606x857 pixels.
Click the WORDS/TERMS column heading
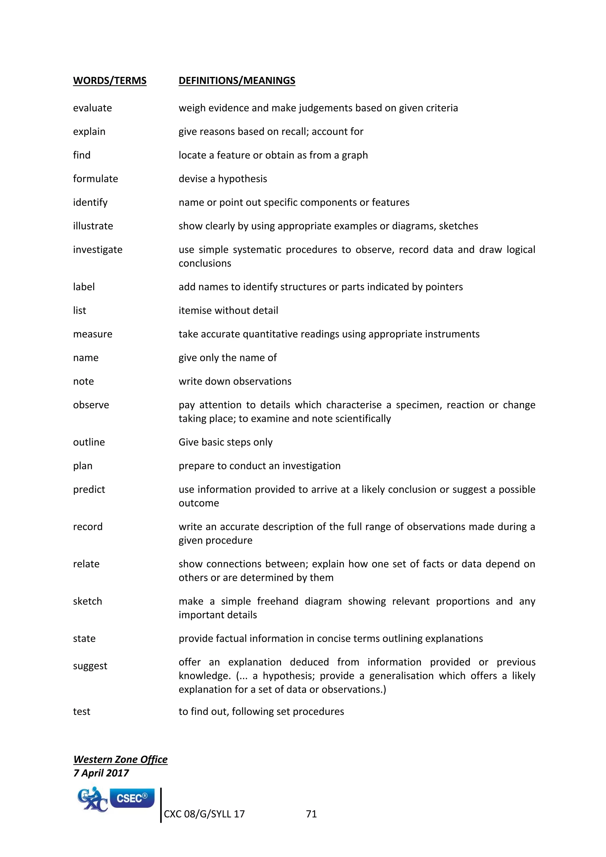[110, 80]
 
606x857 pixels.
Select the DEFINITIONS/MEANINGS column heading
[237, 80]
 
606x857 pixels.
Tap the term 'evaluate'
[92, 108]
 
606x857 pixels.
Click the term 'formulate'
[95, 179]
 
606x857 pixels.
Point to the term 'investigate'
[97, 250]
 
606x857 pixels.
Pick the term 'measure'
[93, 334]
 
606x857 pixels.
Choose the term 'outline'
[89, 442]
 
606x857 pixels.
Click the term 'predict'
[89, 489]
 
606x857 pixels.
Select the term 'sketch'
[87, 601]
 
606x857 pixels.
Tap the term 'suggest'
[90, 666]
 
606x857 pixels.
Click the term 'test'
[81, 711]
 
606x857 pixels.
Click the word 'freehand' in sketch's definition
[277, 601]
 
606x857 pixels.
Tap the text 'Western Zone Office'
[120, 759]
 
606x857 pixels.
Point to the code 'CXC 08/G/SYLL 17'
[204, 814]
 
